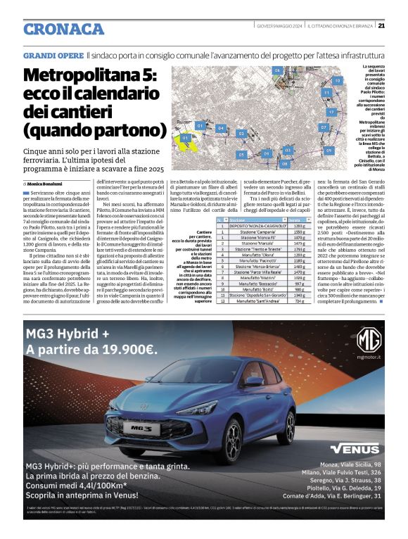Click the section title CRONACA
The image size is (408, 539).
point(63,29)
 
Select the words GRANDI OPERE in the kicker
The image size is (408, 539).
point(53,54)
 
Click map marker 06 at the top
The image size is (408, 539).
point(277,71)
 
